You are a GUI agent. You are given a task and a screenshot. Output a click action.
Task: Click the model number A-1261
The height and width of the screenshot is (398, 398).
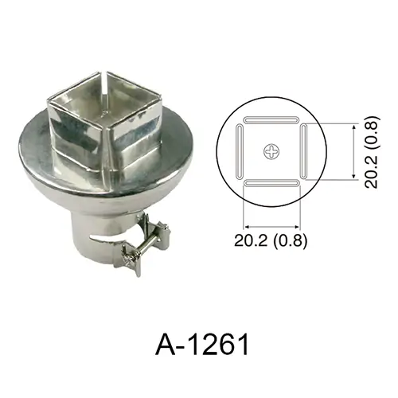[202, 344]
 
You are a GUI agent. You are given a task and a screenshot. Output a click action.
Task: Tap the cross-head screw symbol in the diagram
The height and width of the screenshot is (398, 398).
[271, 151]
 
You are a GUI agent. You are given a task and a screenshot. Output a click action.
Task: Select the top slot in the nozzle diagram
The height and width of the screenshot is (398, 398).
[271, 119]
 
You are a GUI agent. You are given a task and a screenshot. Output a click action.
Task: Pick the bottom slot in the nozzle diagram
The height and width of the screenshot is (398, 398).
[271, 183]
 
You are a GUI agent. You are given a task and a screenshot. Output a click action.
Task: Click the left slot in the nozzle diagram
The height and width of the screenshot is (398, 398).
[240, 151]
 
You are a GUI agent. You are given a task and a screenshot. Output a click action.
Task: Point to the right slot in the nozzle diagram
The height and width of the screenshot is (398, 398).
[303, 151]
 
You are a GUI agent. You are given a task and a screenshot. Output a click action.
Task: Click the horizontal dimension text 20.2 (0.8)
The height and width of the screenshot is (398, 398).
[271, 240]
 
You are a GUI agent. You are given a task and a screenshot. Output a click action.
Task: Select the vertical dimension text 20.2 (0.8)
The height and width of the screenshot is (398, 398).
[371, 152]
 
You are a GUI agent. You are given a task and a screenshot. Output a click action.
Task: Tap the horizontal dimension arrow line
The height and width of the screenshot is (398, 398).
[271, 227]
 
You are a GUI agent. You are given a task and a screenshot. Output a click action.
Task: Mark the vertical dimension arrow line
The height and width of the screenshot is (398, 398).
[353, 151]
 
